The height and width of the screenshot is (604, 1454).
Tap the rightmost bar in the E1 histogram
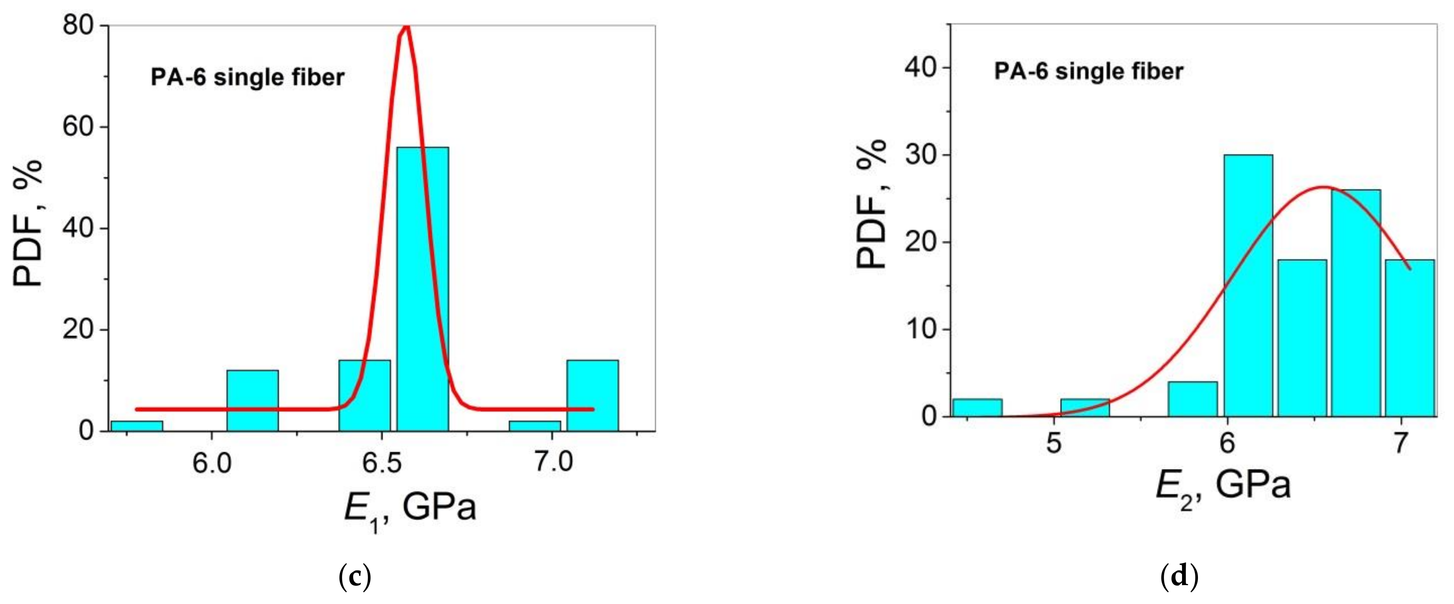coord(592,395)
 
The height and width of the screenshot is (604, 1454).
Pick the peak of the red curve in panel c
coord(406,27)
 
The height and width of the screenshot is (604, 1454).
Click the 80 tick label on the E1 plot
coord(78,26)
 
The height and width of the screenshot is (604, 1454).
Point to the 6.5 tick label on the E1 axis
coord(382,463)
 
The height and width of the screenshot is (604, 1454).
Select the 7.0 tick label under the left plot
coord(553,463)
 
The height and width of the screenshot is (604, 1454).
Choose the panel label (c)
coord(355,577)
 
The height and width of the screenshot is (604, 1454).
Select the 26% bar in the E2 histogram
coord(1356,302)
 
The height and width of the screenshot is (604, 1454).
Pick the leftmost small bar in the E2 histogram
coord(977,407)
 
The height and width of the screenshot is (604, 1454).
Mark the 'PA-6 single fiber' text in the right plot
coord(1088,72)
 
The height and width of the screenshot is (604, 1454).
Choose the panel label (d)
coord(1179,577)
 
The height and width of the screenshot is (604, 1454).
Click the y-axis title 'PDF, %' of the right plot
coord(871,204)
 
